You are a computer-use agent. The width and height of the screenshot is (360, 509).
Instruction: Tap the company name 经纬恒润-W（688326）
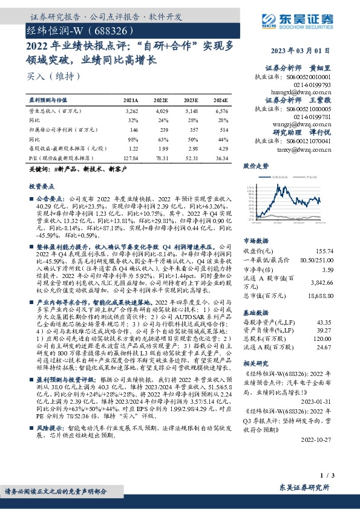(x=76, y=29)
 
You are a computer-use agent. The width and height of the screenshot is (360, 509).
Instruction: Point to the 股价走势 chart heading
(x=255, y=165)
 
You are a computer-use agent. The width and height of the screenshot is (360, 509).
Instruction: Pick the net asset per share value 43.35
(x=325, y=322)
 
